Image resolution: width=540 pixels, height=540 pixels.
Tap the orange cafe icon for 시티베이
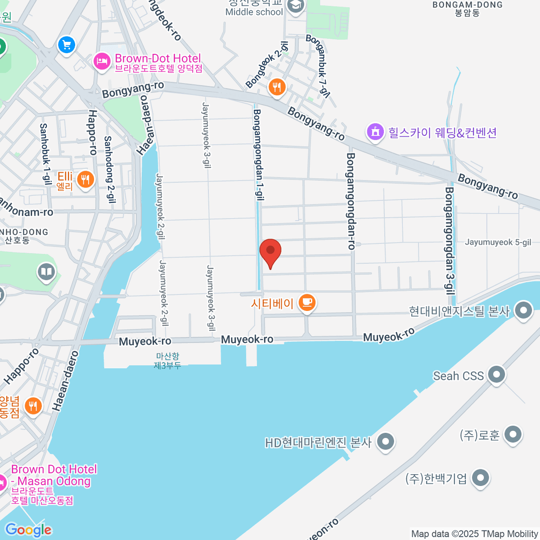tap(307, 302)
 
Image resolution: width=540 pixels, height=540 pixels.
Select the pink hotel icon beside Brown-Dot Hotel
tap(102, 62)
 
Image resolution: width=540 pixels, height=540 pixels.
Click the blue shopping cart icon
tap(67, 45)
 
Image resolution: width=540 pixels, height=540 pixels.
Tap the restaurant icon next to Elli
tap(85, 180)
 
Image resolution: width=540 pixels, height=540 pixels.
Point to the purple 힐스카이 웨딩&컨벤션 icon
tap(375, 132)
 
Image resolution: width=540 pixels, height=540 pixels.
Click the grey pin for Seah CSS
tap(497, 374)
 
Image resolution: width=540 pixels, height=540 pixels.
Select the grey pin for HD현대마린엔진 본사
tap(385, 441)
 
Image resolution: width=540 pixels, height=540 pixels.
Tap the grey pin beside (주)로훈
tap(513, 435)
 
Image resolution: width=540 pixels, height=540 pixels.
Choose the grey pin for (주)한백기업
tap(481, 478)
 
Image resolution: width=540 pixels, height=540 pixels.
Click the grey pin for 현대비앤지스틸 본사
tap(523, 310)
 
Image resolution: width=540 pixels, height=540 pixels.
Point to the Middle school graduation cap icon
tap(295, 6)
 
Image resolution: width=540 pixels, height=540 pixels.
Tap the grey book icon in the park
tap(46, 272)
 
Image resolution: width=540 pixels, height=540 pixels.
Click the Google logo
tap(28, 530)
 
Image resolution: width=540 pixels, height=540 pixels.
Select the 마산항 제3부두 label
tap(167, 361)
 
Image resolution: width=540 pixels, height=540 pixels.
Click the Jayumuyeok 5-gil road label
tap(498, 242)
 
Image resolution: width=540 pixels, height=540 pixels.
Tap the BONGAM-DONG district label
tap(468, 9)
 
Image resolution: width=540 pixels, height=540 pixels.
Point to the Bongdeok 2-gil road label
tap(267, 65)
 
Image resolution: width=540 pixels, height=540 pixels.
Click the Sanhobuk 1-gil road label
tap(45, 154)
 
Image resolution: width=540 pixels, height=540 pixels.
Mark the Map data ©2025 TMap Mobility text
tap(474, 534)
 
